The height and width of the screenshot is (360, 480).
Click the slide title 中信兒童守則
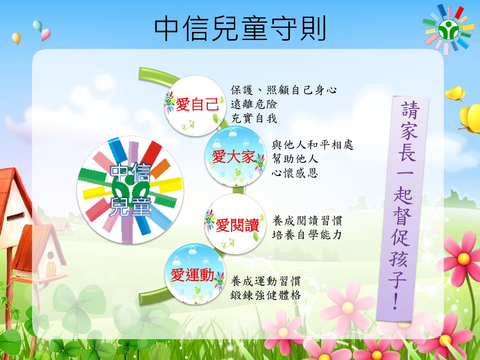pyautogui.click(x=240, y=28)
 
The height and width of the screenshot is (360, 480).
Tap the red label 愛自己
pyautogui.click(x=197, y=104)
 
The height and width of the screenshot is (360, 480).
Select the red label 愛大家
pyautogui.click(x=234, y=156)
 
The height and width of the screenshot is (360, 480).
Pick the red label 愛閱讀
pyautogui.click(x=237, y=225)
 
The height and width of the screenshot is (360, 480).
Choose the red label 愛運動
pyautogui.click(x=192, y=275)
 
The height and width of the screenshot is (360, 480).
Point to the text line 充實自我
pyautogui.click(x=254, y=118)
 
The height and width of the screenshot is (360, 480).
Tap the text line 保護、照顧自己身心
pyautogui.click(x=284, y=90)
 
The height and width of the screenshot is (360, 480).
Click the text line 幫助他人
pyautogui.click(x=295, y=159)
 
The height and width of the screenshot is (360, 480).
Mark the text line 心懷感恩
pyautogui.click(x=295, y=173)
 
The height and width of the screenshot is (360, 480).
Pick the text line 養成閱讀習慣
pyautogui.click(x=307, y=220)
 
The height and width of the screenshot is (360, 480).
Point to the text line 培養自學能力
pyautogui.click(x=307, y=235)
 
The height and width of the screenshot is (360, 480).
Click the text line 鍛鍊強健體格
pyautogui.click(x=266, y=295)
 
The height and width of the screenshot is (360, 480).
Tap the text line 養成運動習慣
pyautogui.click(x=266, y=281)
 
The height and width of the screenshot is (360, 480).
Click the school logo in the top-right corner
pyautogui.click(x=449, y=29)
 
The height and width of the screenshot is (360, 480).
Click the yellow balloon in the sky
pyautogui.click(x=16, y=38)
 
